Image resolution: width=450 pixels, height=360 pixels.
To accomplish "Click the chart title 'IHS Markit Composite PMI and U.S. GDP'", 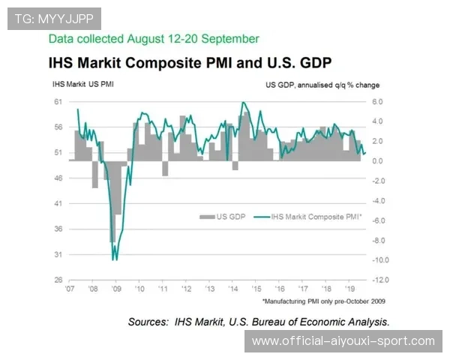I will [190, 61].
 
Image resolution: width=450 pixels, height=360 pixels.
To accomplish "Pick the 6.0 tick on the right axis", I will [377, 101].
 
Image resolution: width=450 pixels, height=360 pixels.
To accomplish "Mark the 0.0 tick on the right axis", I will [377, 160].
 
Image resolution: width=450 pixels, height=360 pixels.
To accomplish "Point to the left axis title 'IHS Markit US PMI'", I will [82, 85].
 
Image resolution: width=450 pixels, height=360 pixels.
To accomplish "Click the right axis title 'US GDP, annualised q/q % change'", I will [322, 85].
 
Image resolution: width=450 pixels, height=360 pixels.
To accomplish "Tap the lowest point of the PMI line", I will [114, 259].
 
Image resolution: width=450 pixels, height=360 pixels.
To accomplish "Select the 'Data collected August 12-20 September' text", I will [154, 38].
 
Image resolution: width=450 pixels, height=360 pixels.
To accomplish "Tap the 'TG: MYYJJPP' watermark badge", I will [53, 17].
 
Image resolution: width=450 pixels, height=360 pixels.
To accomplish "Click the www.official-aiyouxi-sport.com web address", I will [343, 341].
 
